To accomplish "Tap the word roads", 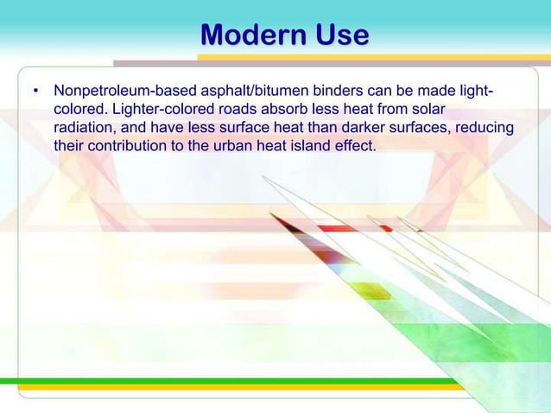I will point(222,109).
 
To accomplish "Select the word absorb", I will point(269,109).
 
